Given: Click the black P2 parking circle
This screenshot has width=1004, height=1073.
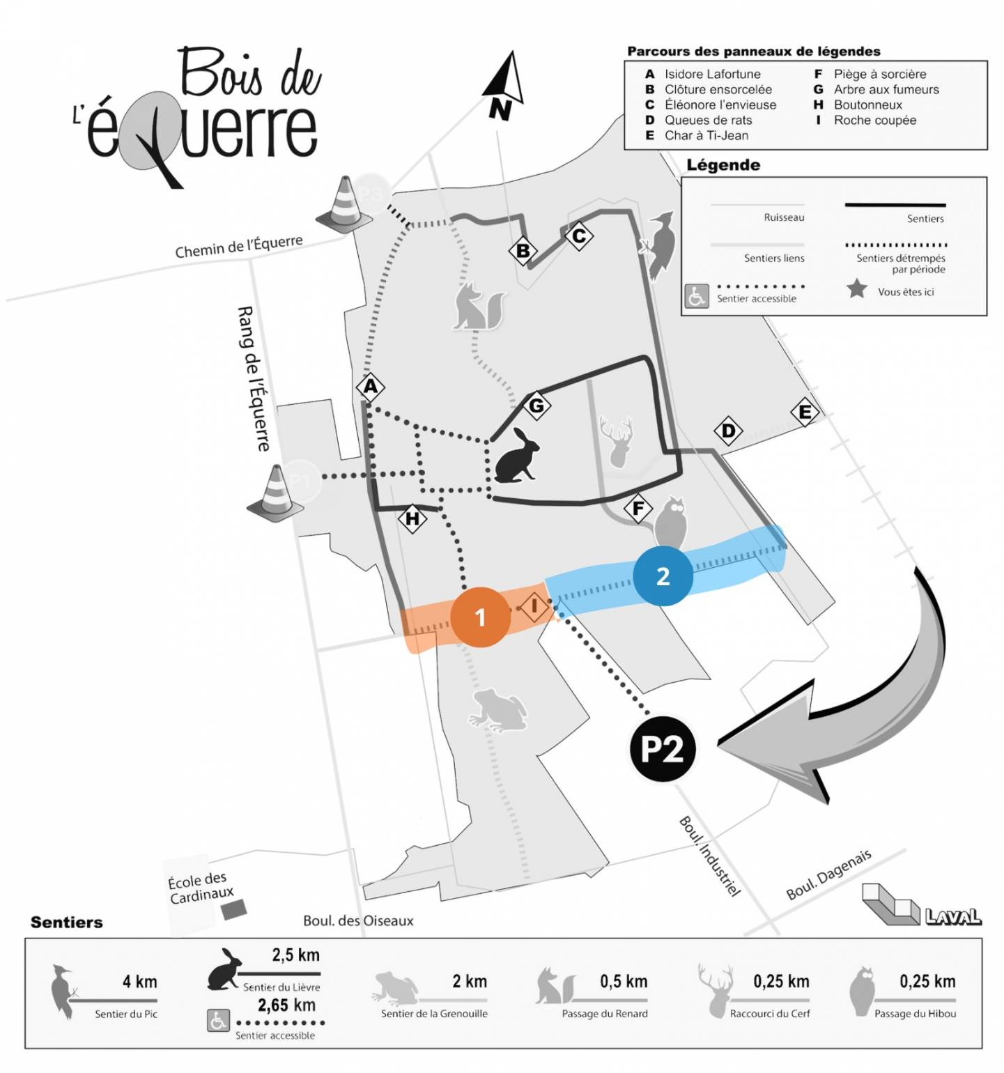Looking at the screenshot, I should [x=662, y=749].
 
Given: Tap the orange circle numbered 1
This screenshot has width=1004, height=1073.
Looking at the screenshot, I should [x=479, y=617].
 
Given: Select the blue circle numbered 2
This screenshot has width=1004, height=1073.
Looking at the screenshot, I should [x=663, y=576].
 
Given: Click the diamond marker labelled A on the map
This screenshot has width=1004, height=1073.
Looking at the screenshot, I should [x=370, y=386].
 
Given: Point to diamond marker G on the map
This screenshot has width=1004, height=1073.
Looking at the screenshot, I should [x=536, y=405].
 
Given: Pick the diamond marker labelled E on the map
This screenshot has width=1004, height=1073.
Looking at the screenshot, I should [x=804, y=412].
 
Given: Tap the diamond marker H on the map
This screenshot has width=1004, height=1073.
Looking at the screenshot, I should [x=412, y=518].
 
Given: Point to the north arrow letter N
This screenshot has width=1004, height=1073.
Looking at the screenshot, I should [x=500, y=109].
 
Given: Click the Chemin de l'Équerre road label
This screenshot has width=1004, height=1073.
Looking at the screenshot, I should [x=238, y=246].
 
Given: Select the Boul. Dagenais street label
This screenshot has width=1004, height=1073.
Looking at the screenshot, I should [x=828, y=874].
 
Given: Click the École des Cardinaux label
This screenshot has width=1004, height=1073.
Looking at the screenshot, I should [x=200, y=888].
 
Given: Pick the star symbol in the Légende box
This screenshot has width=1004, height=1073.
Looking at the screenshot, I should [x=856, y=288].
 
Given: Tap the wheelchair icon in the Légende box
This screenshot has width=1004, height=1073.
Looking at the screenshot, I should [x=696, y=296].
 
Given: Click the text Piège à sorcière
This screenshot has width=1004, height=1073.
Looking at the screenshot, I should [x=879, y=74].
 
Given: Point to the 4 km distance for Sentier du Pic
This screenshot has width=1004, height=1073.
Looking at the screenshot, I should [x=139, y=982].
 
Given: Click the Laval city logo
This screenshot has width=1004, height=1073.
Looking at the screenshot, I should [x=921, y=906].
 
